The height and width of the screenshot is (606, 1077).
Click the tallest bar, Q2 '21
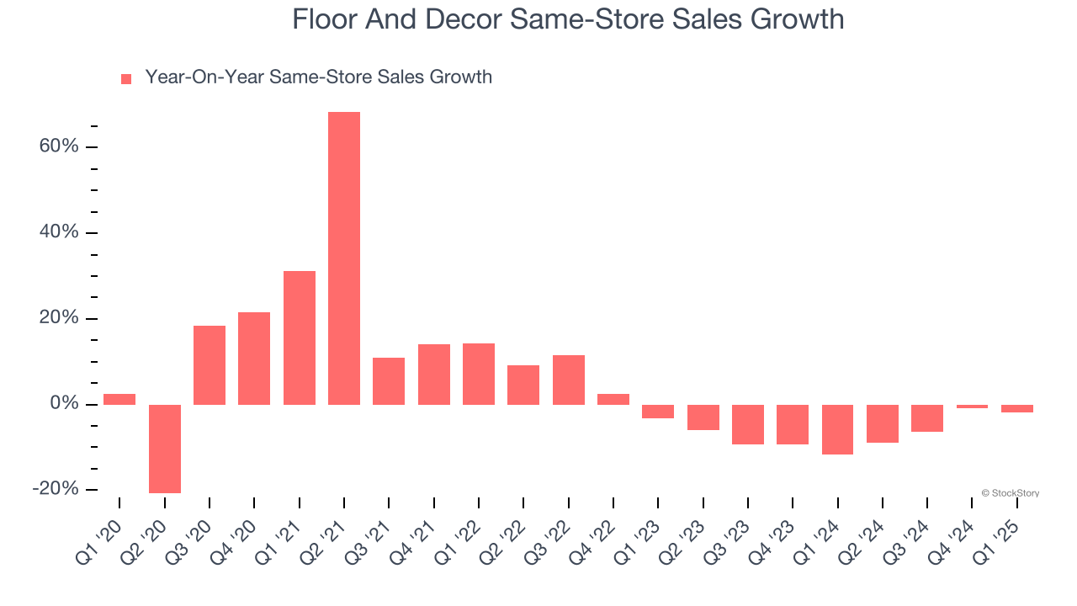(x=344, y=258)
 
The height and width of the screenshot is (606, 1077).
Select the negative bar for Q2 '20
(x=165, y=449)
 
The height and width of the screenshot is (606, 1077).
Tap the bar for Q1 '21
(x=300, y=338)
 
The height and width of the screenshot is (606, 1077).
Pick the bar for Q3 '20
(x=210, y=364)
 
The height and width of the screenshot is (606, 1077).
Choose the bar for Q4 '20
(x=254, y=358)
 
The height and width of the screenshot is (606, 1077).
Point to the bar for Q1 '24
(x=838, y=429)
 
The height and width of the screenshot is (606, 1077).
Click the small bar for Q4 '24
(x=972, y=407)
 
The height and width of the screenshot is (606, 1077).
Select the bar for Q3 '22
(x=569, y=380)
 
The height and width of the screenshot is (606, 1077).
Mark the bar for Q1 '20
(x=119, y=399)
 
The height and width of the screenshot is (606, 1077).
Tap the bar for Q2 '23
(x=703, y=417)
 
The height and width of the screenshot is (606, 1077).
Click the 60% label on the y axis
(x=59, y=146)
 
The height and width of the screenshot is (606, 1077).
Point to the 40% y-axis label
(x=59, y=232)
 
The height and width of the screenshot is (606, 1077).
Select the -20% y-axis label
(x=56, y=489)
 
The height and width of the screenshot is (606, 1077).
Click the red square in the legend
(x=126, y=79)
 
